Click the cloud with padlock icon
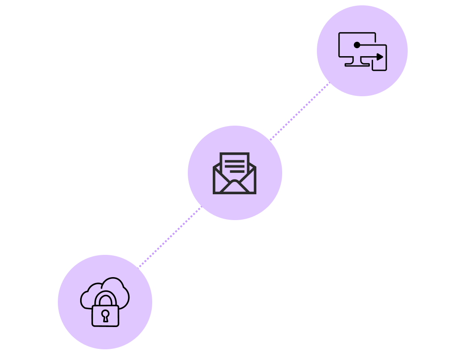[105, 302]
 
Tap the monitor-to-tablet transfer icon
[362, 51]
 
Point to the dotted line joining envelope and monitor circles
[299, 111]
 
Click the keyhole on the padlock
[105, 315]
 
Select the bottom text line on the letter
[237, 171]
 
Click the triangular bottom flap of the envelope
[235, 187]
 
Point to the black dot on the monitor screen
[357, 45]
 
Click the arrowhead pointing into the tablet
[380, 57]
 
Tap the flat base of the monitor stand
[357, 65]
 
